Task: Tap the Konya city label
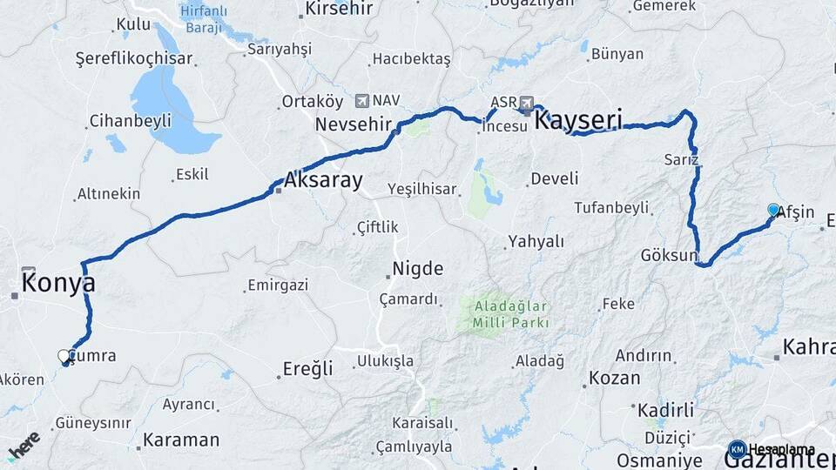click(x=58, y=283)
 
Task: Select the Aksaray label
click(x=323, y=182)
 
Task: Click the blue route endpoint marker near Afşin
click(x=773, y=209)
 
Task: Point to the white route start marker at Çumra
click(x=64, y=356)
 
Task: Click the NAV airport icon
click(x=362, y=101)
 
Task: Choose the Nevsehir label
click(x=354, y=124)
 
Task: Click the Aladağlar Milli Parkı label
click(x=510, y=314)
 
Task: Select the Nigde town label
click(x=418, y=268)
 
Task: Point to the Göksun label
click(x=670, y=256)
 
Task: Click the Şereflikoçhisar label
click(x=134, y=59)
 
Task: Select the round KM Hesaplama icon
click(x=737, y=449)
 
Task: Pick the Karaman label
click(x=181, y=440)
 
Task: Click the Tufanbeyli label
click(x=611, y=207)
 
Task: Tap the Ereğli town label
click(x=308, y=369)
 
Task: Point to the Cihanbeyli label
click(x=131, y=120)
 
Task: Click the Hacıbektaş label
click(x=411, y=59)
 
